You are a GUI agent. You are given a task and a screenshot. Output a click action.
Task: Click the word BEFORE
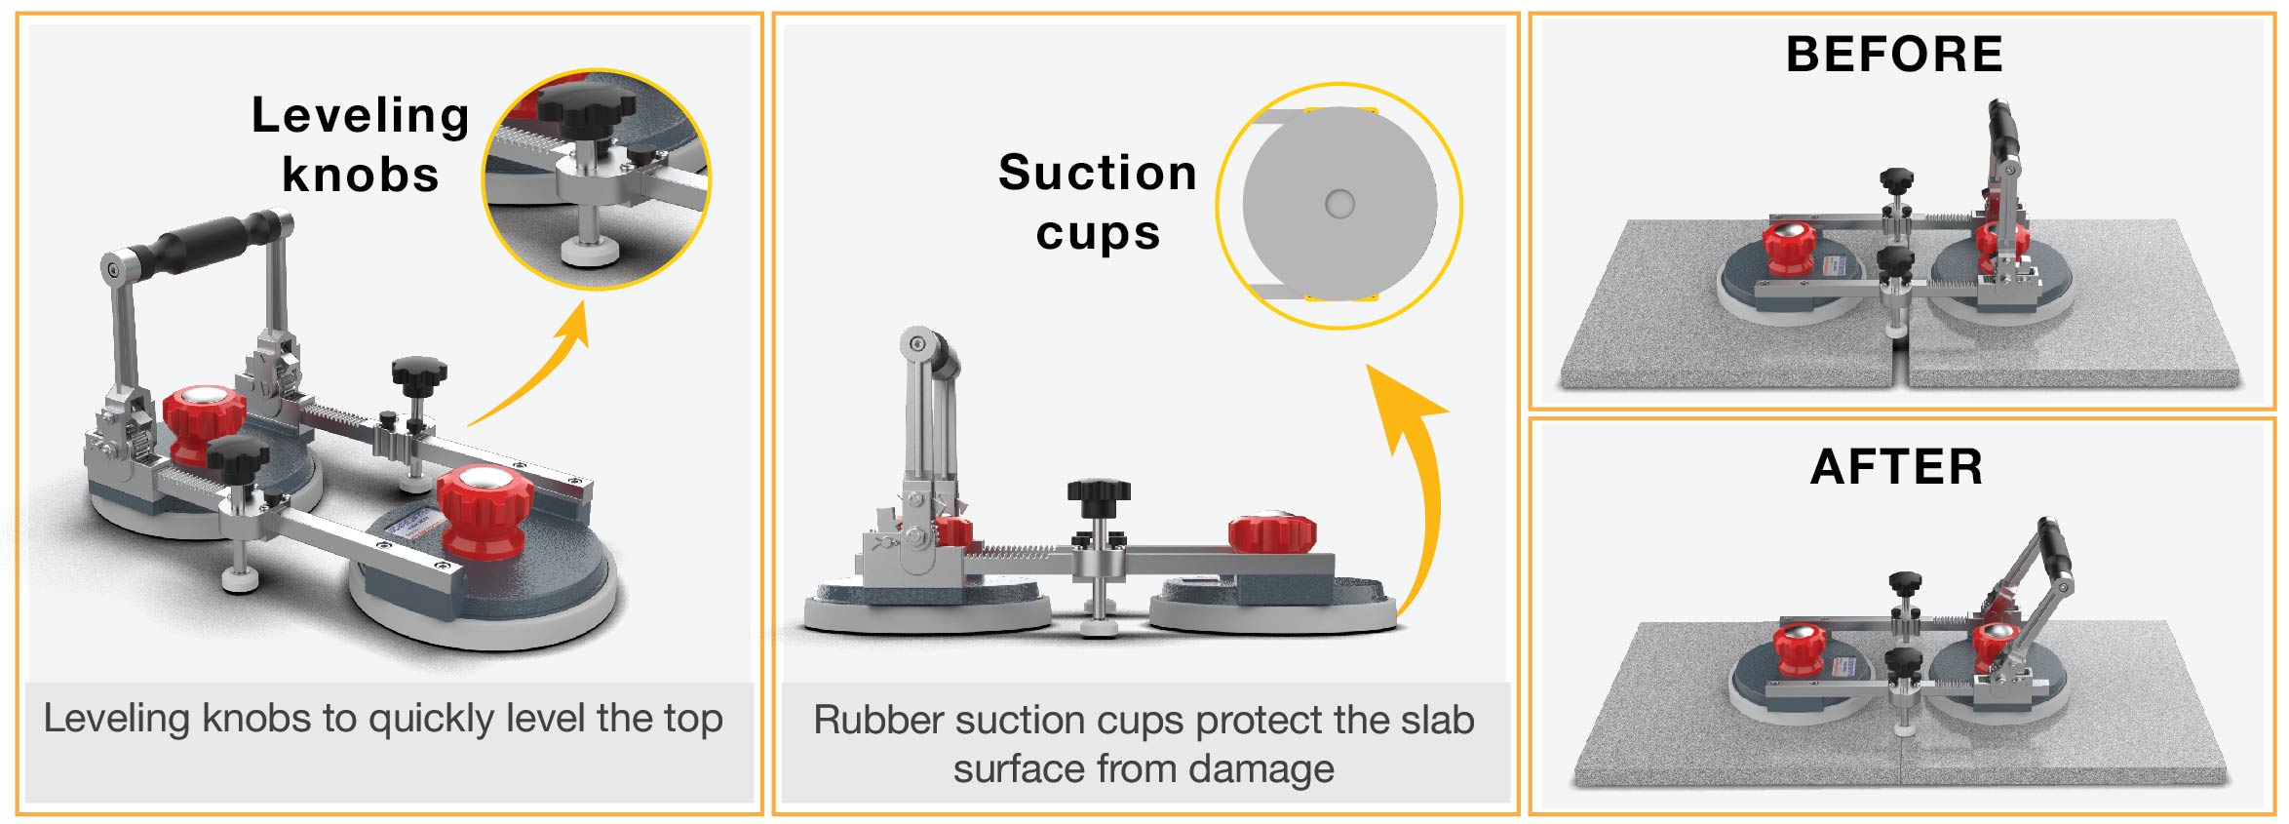click(x=1894, y=55)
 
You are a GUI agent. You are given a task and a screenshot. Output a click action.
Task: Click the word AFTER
click(x=1896, y=467)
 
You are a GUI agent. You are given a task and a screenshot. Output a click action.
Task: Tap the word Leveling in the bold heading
click(x=361, y=117)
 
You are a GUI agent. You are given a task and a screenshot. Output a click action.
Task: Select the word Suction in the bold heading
click(x=1098, y=173)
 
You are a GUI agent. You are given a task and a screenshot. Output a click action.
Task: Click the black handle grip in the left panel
click(x=207, y=243)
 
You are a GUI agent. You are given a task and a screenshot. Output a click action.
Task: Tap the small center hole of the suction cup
click(x=1339, y=204)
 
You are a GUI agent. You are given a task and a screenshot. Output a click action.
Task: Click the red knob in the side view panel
click(x=1272, y=533)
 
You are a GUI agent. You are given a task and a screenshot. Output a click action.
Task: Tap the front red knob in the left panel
click(x=485, y=511)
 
